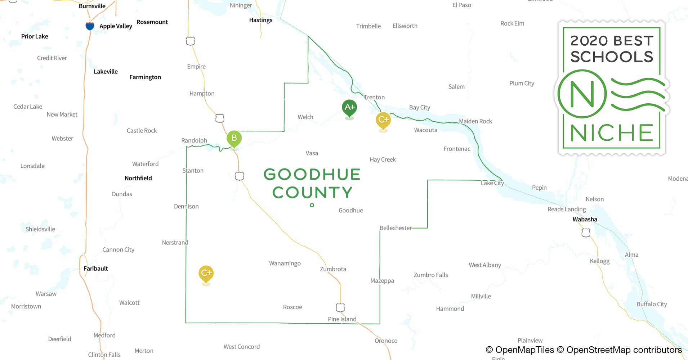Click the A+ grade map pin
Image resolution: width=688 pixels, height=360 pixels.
click(349, 108)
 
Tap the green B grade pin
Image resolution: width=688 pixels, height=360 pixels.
click(234, 138)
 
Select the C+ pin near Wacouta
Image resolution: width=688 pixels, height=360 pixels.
click(383, 120)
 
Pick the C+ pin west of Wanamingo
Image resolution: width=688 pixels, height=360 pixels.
click(206, 273)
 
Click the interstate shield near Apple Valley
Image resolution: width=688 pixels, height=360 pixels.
click(90, 26)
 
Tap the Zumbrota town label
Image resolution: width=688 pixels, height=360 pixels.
click(333, 269)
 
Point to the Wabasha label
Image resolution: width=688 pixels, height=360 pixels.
click(585, 219)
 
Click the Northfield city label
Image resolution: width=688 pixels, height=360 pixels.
click(138, 178)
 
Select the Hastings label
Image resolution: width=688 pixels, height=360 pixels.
click(260, 20)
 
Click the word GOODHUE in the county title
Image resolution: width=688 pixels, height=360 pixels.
click(312, 175)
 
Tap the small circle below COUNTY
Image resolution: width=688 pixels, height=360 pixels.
click(312, 205)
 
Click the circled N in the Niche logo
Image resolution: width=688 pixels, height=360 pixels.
click(582, 94)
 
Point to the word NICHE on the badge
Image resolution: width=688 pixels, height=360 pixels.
click(611, 133)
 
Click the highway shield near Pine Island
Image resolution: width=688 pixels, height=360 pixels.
click(340, 307)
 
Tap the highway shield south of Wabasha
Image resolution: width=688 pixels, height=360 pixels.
click(586, 233)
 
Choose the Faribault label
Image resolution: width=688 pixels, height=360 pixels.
click(95, 269)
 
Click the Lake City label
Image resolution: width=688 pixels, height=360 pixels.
click(492, 183)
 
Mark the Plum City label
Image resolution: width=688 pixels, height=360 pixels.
click(522, 83)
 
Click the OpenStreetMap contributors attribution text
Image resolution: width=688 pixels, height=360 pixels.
click(624, 350)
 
